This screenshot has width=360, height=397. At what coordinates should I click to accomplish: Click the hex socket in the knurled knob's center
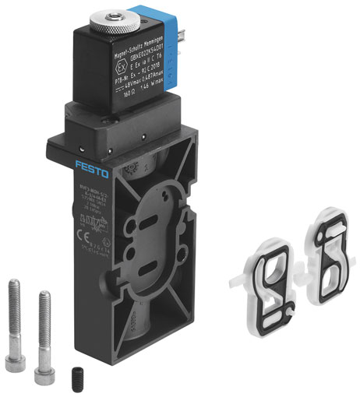coord(122,10)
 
